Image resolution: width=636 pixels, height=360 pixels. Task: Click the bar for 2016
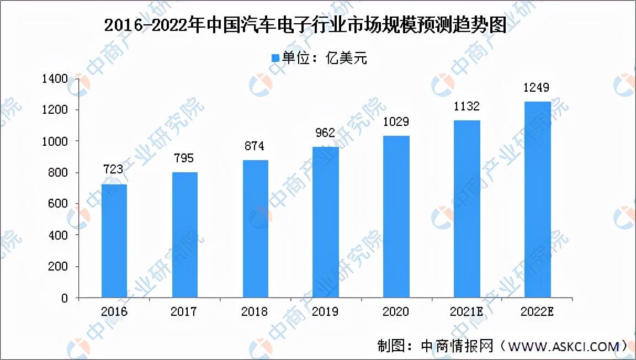[x=114, y=241]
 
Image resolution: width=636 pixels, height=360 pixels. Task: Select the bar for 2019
[x=326, y=222]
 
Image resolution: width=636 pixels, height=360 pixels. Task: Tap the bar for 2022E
[x=537, y=199]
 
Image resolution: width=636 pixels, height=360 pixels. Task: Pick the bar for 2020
[x=396, y=216]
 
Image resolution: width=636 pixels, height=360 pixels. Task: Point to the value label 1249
[x=537, y=87]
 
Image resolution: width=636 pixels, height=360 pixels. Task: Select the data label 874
[x=255, y=146]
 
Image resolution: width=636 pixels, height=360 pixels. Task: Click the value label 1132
[x=467, y=106]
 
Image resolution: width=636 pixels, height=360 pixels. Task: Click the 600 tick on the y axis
[x=58, y=204]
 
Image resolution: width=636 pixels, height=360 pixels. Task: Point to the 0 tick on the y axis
[x=65, y=298]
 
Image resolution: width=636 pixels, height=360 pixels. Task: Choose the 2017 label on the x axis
[x=184, y=312]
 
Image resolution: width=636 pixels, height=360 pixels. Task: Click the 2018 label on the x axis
[x=255, y=312]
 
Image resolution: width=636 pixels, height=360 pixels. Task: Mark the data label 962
[x=326, y=133]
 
